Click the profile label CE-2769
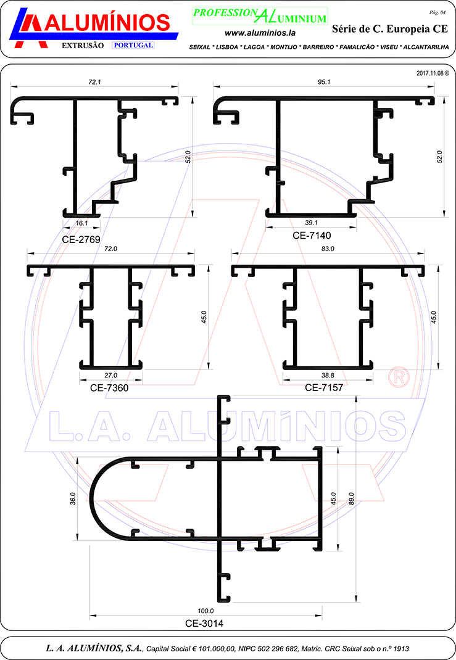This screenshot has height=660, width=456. pyautogui.click(x=81, y=239)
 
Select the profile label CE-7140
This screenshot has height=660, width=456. pyautogui.click(x=312, y=236)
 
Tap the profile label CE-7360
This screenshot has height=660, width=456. pyautogui.click(x=109, y=387)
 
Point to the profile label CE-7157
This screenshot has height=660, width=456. pyautogui.click(x=324, y=387)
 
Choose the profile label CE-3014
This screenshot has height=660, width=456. pyautogui.click(x=204, y=624)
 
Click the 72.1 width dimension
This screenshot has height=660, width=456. pyautogui.click(x=95, y=82)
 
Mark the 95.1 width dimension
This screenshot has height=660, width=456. pyautogui.click(x=324, y=82)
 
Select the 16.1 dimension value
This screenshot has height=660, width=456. pyautogui.click(x=81, y=223)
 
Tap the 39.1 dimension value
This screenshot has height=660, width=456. pyautogui.click(x=311, y=223)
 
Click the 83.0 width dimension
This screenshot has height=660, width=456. pyautogui.click(x=328, y=249)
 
